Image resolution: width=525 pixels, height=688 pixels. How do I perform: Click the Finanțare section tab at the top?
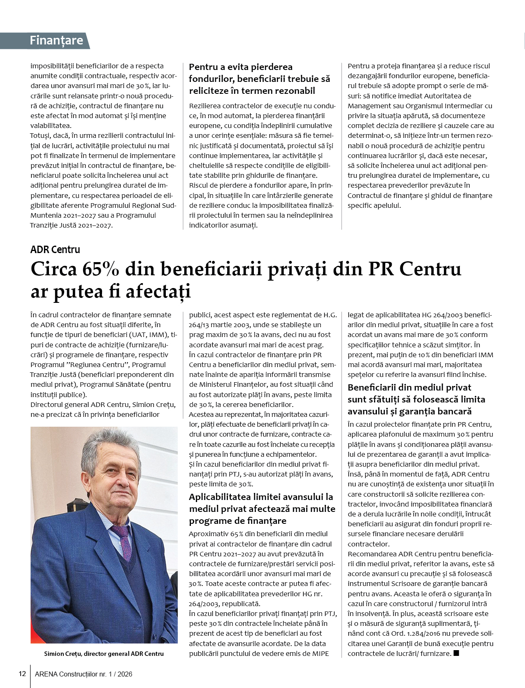[x=56, y=40]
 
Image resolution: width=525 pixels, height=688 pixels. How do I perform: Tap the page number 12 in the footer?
[x=22, y=674]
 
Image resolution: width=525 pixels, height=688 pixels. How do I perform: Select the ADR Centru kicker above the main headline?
[x=55, y=249]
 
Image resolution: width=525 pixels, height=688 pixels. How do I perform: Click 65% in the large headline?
[x=101, y=269]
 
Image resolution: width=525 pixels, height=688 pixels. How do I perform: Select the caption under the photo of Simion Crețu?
[x=104, y=653]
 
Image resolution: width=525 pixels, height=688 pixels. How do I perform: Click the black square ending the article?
[x=456, y=653]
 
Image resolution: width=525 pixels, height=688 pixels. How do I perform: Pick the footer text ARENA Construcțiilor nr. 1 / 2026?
[x=84, y=674]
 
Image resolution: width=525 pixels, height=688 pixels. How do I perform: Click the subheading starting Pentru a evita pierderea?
[x=259, y=79]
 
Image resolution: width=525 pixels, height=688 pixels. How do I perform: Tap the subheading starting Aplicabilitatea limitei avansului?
[x=262, y=509]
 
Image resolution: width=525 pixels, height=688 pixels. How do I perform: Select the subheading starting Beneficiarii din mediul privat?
[x=416, y=399]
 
